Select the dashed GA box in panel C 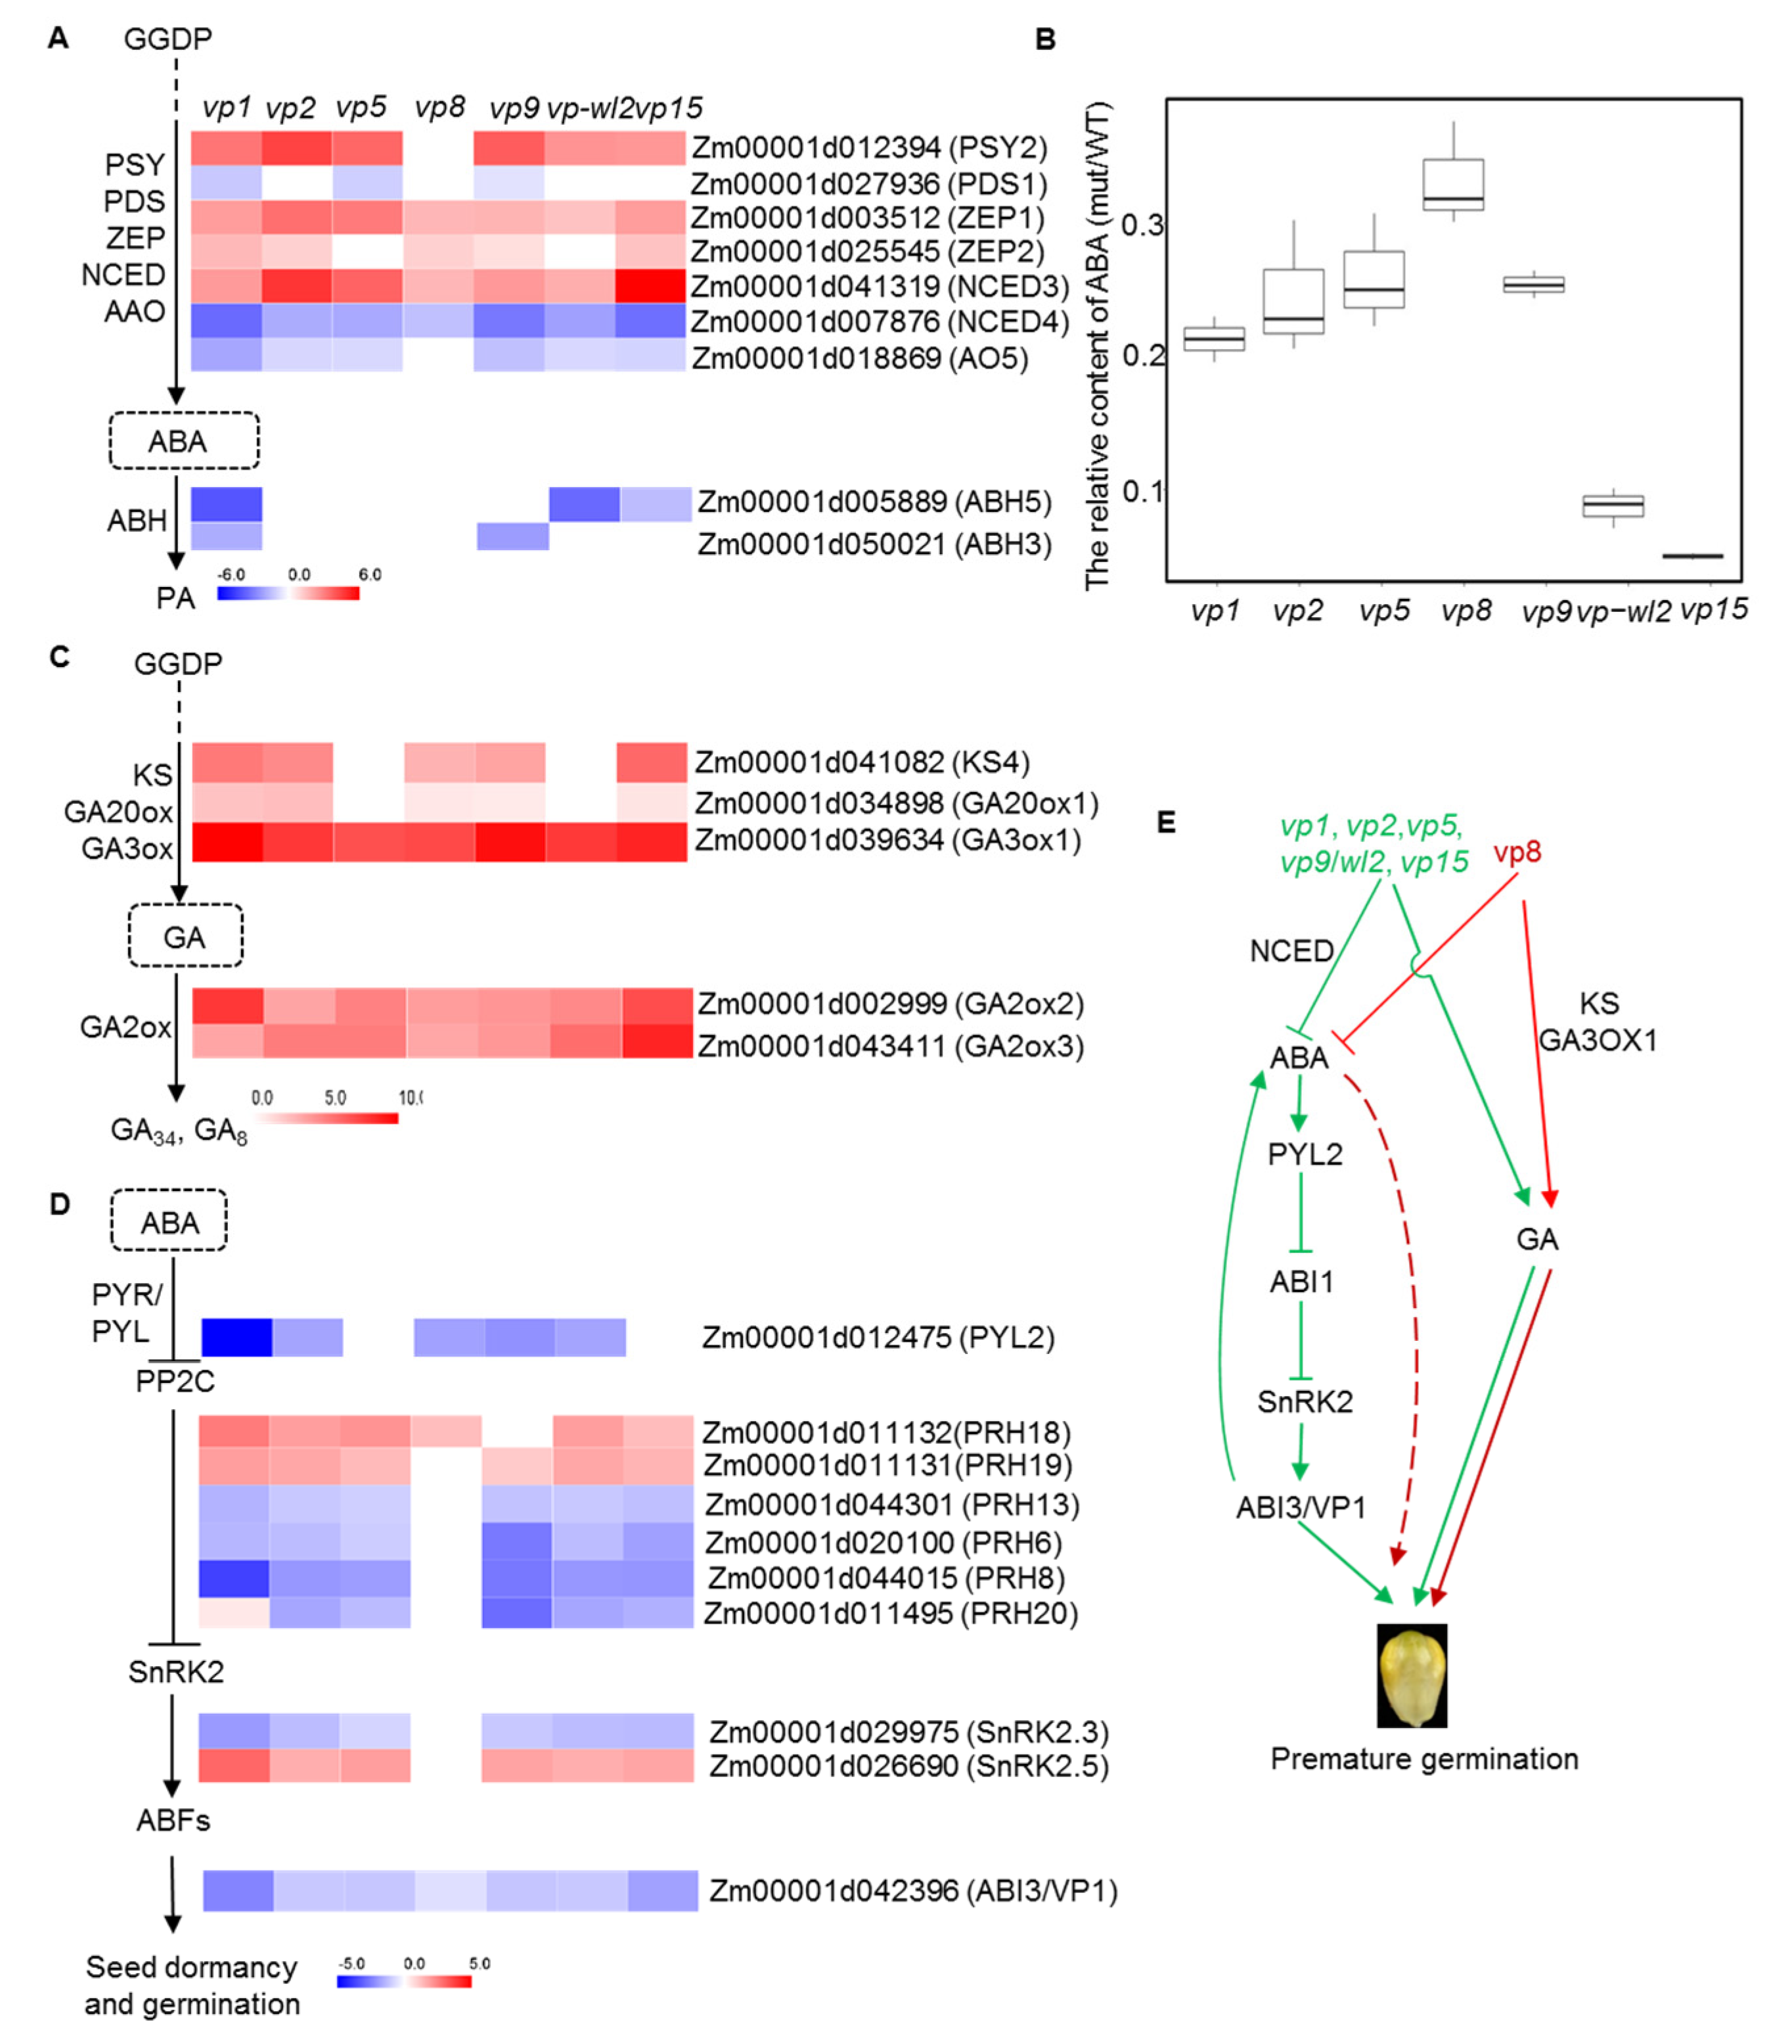185,935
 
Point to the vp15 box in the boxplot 1692,556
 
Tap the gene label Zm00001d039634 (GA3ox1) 887,841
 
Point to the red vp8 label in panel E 1517,851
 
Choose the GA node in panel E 1536,1239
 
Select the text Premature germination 1424,1759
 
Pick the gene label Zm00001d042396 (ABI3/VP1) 913,1891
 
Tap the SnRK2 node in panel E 1305,1402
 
